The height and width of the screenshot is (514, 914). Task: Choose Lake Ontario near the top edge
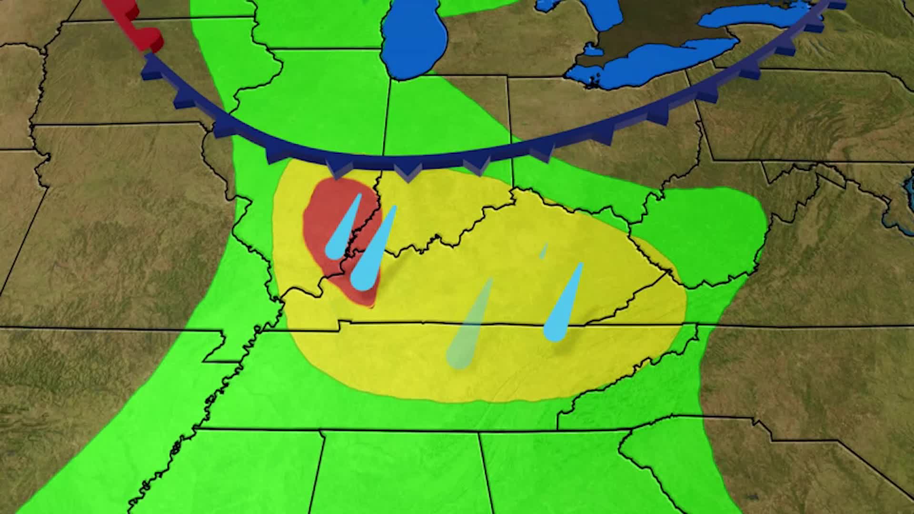[x=762, y=14]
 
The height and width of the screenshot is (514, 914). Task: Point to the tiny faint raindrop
[x=544, y=251]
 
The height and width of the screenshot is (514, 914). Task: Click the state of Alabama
[x=400, y=476]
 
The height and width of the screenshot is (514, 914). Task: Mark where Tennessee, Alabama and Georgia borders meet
[x=479, y=433]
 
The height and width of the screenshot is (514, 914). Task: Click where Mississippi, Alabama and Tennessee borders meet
[x=322, y=432]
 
